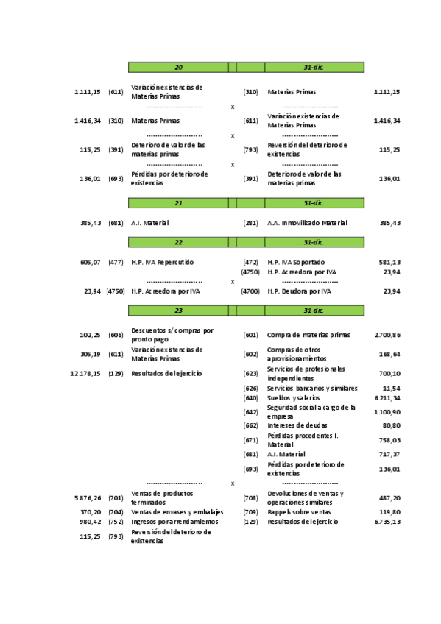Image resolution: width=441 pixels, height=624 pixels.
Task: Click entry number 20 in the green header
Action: [x=178, y=68]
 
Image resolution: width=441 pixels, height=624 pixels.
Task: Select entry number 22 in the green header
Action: [x=178, y=241]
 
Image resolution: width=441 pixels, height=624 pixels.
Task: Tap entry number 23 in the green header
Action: [x=178, y=311]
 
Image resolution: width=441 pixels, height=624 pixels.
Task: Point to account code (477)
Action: [x=116, y=262]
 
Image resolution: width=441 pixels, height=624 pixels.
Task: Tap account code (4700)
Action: [x=250, y=291]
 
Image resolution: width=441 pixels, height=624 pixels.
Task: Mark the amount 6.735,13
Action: [x=387, y=522]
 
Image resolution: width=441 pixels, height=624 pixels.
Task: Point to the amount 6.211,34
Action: [x=387, y=398]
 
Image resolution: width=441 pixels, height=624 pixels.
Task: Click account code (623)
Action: [x=250, y=374]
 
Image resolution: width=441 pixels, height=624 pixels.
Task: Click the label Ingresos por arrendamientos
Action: [x=174, y=522]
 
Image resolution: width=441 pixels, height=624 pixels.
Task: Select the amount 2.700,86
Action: [x=387, y=335]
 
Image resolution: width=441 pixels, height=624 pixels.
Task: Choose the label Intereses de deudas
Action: [x=297, y=425]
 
